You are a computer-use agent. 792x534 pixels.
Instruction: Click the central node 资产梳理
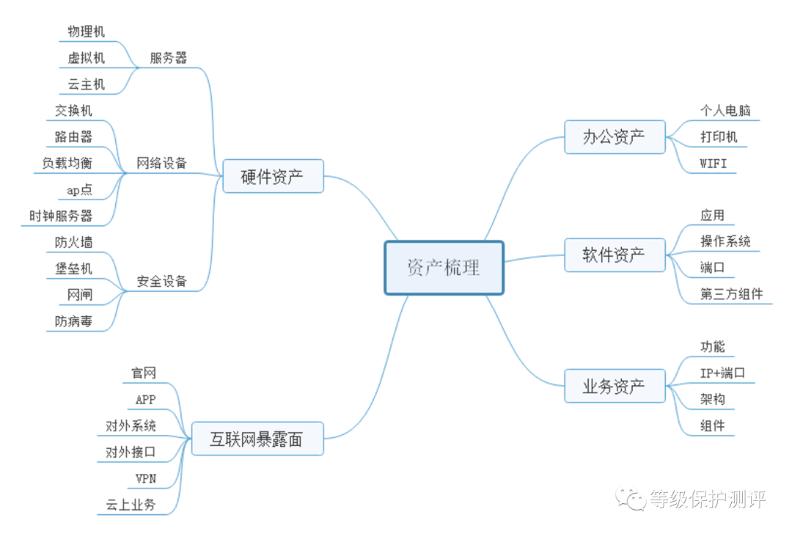[x=444, y=268]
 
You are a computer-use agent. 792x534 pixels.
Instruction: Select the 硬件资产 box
[x=272, y=176]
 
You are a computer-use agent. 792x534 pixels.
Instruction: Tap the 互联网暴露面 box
[x=256, y=439]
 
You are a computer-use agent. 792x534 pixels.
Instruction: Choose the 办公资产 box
[x=614, y=137]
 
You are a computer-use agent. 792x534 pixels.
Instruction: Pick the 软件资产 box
[x=614, y=255]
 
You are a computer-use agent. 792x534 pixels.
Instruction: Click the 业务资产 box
[x=614, y=386]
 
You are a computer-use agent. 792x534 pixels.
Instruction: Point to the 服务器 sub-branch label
[x=168, y=58]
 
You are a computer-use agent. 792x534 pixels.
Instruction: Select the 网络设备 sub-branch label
[x=161, y=163]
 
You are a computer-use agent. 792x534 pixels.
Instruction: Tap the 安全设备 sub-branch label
[x=161, y=281]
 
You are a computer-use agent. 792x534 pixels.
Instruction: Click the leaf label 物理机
[x=86, y=32]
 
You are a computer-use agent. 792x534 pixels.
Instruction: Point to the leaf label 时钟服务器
[x=61, y=216]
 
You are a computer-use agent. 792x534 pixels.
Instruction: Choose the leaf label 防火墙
[x=73, y=242]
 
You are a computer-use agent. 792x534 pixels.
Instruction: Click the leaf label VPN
[x=146, y=478]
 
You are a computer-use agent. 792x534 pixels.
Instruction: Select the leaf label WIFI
[x=714, y=163]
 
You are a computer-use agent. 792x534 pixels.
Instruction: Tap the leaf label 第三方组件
[x=731, y=294]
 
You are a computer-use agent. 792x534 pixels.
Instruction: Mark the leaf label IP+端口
[x=722, y=373]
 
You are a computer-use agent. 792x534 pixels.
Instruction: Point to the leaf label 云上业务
[x=131, y=505]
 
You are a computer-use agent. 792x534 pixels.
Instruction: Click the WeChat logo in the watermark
[x=630, y=499]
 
